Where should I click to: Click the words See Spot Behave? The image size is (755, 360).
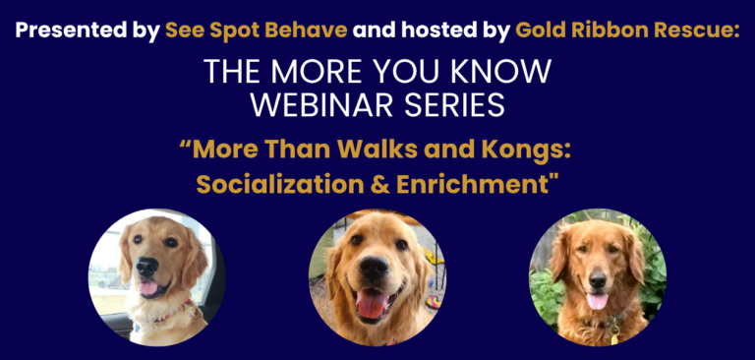(x=256, y=30)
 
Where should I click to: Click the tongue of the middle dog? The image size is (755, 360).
(x=373, y=304)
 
